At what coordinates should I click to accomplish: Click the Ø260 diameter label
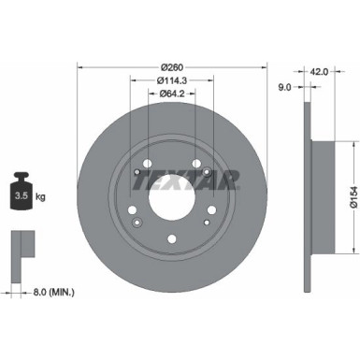[171, 66]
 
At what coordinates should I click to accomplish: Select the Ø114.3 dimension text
[171, 79]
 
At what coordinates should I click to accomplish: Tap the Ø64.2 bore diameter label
[171, 94]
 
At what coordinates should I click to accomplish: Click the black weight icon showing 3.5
[21, 195]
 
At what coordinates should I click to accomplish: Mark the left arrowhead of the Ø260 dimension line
[80, 66]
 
